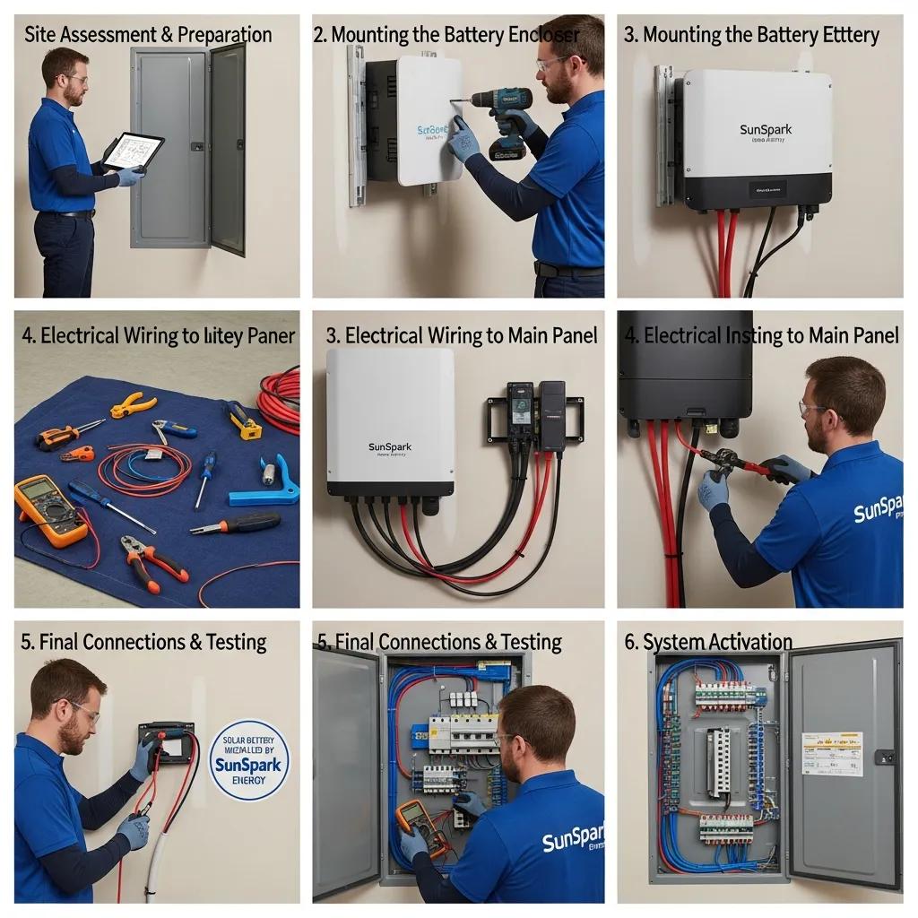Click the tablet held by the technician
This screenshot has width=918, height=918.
[x=132, y=152]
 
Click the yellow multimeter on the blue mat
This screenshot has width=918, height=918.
[x=50, y=509]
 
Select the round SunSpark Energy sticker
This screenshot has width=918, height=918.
[x=249, y=759]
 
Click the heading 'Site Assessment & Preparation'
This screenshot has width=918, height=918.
[x=148, y=35]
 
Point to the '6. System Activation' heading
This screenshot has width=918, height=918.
[x=708, y=642]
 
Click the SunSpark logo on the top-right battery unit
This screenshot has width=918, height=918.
[x=766, y=130]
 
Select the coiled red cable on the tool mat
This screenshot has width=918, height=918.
[x=281, y=394]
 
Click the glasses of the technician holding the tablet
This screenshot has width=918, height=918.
[x=75, y=80]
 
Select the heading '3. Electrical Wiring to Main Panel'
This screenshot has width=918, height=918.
[x=461, y=335]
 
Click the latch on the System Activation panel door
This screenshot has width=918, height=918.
[x=885, y=757]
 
